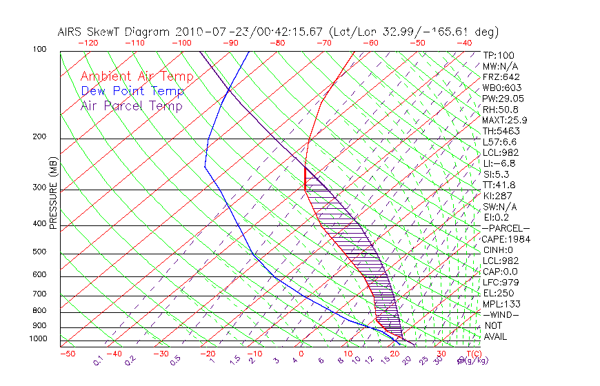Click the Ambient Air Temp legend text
(x=137, y=77)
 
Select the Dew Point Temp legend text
(x=132, y=91)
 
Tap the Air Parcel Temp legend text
(x=131, y=105)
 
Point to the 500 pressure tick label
(x=40, y=252)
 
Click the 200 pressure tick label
(x=40, y=137)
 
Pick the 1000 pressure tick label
(x=38, y=339)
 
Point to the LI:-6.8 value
(x=499, y=163)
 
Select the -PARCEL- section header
(x=506, y=228)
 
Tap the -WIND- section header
(x=501, y=315)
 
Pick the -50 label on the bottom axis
(x=67, y=354)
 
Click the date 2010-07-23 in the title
(x=210, y=32)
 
